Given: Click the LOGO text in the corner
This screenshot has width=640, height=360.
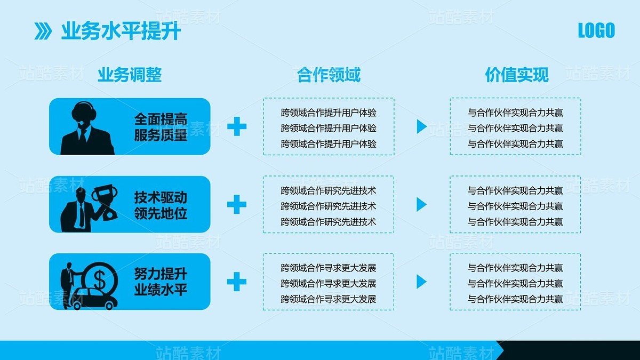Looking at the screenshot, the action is pyautogui.click(x=596, y=30).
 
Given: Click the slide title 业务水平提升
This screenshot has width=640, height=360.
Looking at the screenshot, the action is pyautogui.click(x=121, y=31).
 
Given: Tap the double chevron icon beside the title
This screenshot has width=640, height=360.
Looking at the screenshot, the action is pyautogui.click(x=43, y=31).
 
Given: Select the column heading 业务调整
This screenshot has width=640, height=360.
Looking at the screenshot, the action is pyautogui.click(x=130, y=75).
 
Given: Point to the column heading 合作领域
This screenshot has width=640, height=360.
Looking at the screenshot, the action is pyautogui.click(x=329, y=75).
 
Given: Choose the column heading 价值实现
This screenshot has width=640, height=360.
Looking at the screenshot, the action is pyautogui.click(x=516, y=75).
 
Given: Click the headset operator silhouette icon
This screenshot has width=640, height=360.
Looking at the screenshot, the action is pyautogui.click(x=86, y=128).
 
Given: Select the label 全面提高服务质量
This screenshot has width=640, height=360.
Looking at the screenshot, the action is pyautogui.click(x=161, y=127).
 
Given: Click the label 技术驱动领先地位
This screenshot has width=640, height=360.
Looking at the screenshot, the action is pyautogui.click(x=161, y=205).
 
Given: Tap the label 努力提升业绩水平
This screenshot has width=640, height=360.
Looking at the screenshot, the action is pyautogui.click(x=161, y=283).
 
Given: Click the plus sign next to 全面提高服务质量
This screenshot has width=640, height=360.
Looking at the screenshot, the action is pyautogui.click(x=237, y=127).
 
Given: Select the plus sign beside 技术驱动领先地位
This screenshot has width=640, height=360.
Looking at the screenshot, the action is pyautogui.click(x=237, y=204).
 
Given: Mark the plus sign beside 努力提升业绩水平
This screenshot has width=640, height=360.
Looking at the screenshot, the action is pyautogui.click(x=237, y=282).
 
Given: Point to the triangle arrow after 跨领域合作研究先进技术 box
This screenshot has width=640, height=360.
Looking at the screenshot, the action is pyautogui.click(x=421, y=204).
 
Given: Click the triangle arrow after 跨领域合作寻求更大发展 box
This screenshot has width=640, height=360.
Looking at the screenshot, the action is pyautogui.click(x=421, y=282).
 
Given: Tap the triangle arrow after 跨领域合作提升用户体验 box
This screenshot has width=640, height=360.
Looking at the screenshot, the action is pyautogui.click(x=421, y=127).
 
